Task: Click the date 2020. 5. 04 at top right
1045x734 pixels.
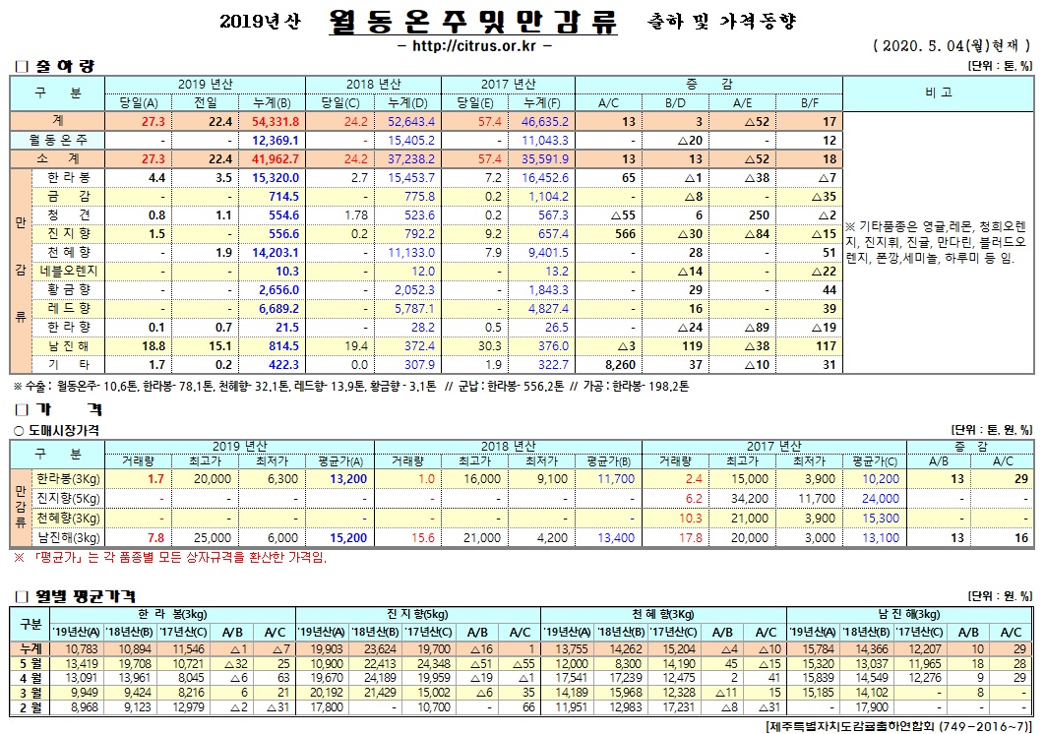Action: [x=929, y=46]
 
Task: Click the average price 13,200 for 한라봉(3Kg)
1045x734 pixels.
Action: [x=349, y=479]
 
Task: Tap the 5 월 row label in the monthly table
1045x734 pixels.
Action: [x=31, y=663]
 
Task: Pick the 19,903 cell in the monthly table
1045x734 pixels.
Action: [x=324, y=648]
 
